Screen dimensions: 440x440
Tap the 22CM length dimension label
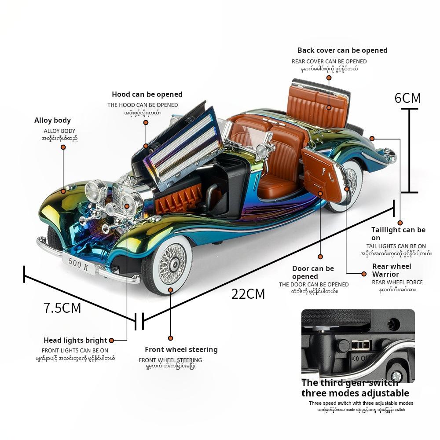tap(248, 293)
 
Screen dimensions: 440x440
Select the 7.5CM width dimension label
tap(62, 308)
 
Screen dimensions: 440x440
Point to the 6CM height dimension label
tap(407, 98)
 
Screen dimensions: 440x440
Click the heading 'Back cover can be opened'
tap(342, 51)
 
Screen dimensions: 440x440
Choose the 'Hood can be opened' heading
tap(147, 94)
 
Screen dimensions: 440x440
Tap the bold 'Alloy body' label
tap(52, 121)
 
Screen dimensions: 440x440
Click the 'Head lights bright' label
tap(75, 340)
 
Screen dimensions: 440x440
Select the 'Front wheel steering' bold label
tap(181, 350)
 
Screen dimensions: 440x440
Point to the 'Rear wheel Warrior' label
tap(392, 270)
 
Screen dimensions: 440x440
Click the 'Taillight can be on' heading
tap(398, 234)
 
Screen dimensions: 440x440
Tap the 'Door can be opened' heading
tap(313, 272)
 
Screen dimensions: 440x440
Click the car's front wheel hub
tap(169, 265)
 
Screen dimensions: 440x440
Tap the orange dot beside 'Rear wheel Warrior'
tap(364, 274)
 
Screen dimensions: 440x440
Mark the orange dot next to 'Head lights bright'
tap(111, 340)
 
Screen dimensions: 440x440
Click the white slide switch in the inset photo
tap(360, 344)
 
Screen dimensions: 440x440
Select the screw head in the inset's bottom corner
tap(396, 376)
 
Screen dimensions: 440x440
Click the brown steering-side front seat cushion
tap(274, 181)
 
